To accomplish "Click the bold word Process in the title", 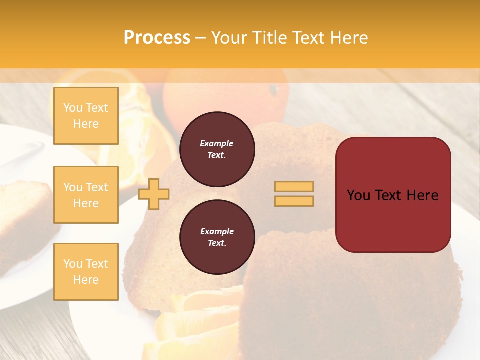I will point(157,38).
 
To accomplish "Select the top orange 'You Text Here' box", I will point(86,116).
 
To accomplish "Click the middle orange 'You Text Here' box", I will point(86,195).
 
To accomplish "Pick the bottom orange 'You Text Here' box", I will point(86,272).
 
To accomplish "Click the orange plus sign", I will point(154,194).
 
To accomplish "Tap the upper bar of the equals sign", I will point(294,186).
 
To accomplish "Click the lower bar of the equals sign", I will point(294,201).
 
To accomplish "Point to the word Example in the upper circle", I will point(217,143).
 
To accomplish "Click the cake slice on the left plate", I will point(25,215).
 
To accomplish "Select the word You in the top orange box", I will point(72,108).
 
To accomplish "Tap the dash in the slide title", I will point(200,38).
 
